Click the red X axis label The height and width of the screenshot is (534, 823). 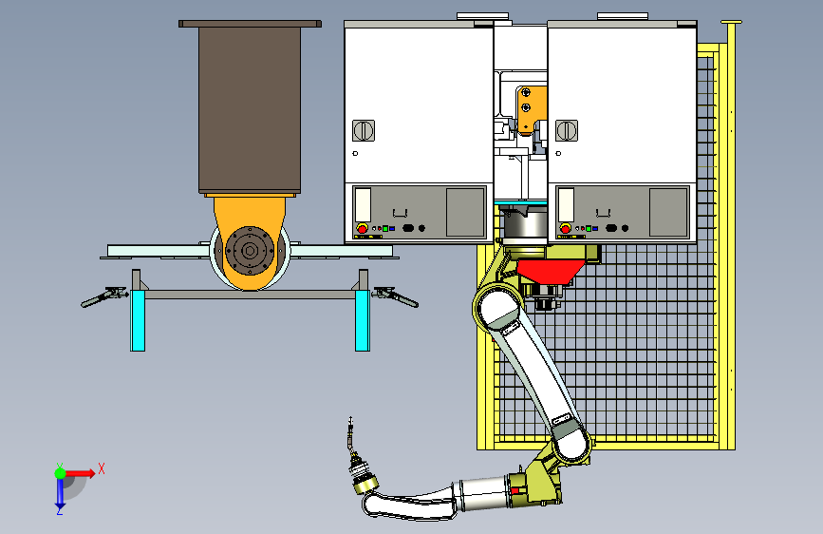[x=102, y=468]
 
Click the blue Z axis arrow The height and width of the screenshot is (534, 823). [x=60, y=492]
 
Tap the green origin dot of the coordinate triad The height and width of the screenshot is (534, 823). [x=61, y=473]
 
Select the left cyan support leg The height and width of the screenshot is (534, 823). [x=138, y=320]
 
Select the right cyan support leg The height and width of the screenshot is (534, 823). [x=363, y=320]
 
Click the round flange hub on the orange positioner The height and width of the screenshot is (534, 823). [x=250, y=251]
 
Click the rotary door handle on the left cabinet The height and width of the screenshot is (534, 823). [x=364, y=130]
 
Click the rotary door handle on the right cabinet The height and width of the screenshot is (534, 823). [x=567, y=130]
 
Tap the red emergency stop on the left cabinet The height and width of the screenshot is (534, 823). [x=362, y=229]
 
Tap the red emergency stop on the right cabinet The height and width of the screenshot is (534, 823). [x=565, y=229]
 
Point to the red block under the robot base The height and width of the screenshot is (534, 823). [x=549, y=271]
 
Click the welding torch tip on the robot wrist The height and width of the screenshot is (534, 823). [x=350, y=421]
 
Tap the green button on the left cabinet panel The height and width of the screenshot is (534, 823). [x=385, y=229]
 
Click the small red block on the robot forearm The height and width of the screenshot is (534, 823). [x=514, y=490]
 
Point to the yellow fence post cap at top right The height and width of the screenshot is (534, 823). [x=731, y=22]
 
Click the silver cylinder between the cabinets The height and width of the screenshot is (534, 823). [x=525, y=223]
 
